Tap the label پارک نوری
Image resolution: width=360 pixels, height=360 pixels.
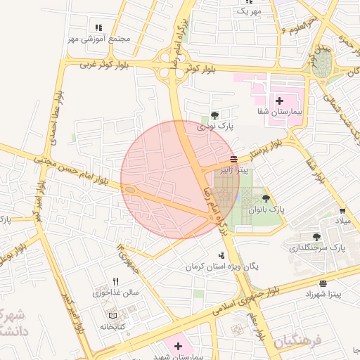coord(214,127)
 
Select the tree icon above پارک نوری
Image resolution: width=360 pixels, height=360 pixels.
coord(214,116)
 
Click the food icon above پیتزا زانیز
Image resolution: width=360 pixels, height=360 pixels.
coord(233,158)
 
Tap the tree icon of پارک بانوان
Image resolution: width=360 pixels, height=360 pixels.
coord(266,199)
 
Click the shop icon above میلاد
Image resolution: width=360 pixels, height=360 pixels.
coord(342,211)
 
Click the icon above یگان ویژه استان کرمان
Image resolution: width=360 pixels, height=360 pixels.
coord(222,256)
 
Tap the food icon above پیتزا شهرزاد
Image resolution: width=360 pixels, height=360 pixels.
coord(323,284)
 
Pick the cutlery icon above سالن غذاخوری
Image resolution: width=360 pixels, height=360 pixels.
coord(116,281)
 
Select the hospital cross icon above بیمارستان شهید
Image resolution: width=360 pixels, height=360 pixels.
coord(178,346)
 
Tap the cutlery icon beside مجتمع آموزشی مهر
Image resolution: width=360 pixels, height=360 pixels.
coord(98,28)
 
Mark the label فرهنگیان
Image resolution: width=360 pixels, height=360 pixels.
coord(297,342)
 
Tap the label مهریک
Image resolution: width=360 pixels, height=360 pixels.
coord(248,12)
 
